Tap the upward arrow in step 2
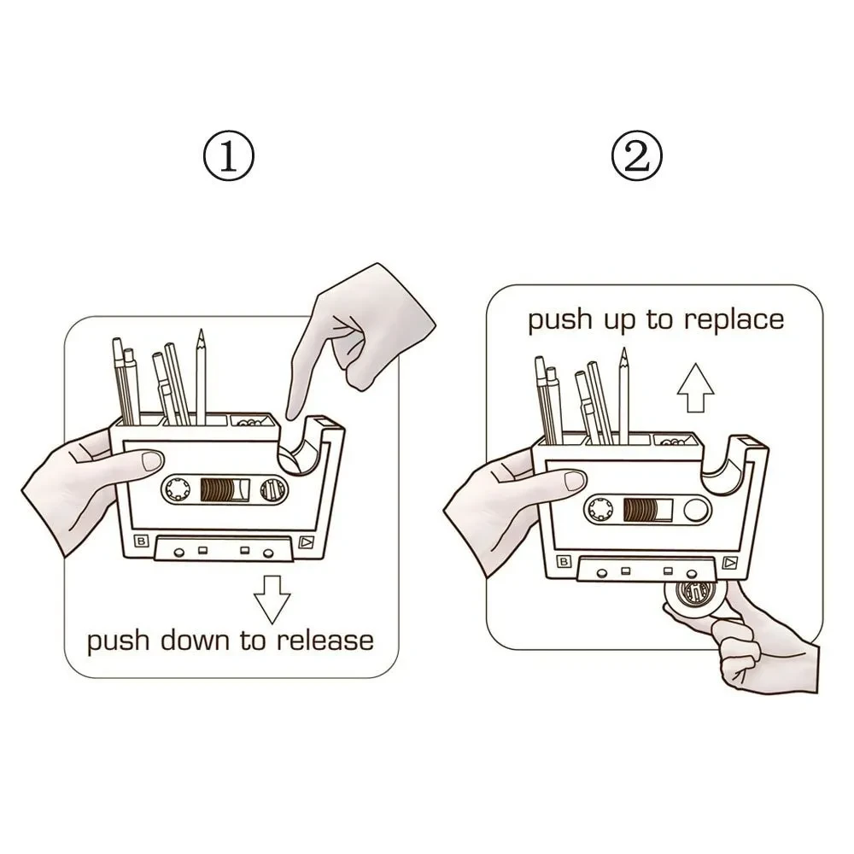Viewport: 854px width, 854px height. (x=695, y=388)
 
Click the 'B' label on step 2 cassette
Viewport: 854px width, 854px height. (x=564, y=561)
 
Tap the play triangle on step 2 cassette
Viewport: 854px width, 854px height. (x=728, y=562)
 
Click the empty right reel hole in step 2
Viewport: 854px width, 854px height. (x=696, y=511)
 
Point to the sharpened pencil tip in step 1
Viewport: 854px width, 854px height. (x=201, y=336)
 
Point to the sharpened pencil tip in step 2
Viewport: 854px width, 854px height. (x=623, y=354)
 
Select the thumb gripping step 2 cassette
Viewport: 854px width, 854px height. (x=568, y=480)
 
